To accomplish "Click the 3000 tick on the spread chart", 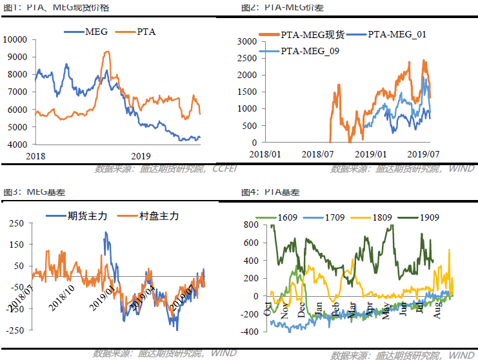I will tap(248, 41).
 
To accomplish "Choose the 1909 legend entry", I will tap(428, 217).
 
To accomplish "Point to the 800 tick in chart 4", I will tap(250, 225).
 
